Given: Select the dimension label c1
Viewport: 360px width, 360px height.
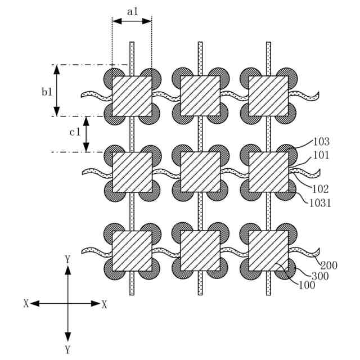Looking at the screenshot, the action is [x=75, y=133].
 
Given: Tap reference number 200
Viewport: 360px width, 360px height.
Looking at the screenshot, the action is [x=329, y=264].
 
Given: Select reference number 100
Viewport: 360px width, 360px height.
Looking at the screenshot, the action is [x=307, y=285].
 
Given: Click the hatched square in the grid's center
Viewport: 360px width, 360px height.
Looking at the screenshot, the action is [x=200, y=172].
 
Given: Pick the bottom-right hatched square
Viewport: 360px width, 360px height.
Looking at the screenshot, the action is [x=269, y=250].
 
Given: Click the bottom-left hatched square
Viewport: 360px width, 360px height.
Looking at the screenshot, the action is [x=132, y=250].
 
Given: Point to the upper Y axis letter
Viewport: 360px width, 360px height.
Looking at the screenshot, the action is [x=68, y=259].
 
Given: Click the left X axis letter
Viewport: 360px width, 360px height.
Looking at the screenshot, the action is [x=26, y=304].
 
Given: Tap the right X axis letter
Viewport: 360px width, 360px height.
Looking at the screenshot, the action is [x=104, y=304].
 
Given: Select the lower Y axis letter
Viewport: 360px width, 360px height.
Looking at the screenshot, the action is [x=68, y=350].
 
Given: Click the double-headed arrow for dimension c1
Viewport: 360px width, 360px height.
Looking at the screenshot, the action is [x=86, y=134].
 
